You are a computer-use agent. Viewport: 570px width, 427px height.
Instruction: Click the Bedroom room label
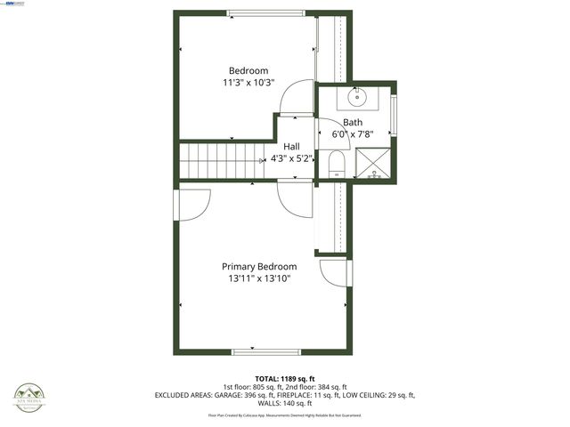tap(248, 71)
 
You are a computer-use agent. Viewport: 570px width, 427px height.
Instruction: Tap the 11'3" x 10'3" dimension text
tap(248, 83)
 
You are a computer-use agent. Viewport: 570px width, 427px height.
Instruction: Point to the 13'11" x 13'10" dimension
tap(259, 278)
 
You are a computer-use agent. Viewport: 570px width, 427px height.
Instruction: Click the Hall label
tap(291, 147)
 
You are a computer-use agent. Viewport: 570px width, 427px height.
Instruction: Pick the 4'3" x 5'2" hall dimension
tap(291, 158)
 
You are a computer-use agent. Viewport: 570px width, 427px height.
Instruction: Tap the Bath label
tap(353, 123)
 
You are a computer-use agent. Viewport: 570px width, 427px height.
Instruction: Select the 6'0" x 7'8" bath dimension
tap(353, 134)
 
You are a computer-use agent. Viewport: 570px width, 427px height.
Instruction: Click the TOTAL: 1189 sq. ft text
tap(284, 378)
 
